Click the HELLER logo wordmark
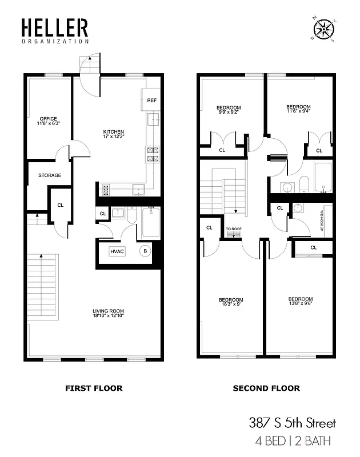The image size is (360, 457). (55, 29)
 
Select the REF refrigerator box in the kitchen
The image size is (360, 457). (151, 100)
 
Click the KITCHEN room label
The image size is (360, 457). (113, 135)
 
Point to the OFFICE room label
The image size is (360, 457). (49, 121)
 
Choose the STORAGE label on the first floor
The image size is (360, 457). (50, 175)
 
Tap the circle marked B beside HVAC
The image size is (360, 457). (145, 250)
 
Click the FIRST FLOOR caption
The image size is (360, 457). (94, 388)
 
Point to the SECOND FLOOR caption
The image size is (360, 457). (266, 388)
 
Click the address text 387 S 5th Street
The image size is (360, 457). (292, 423)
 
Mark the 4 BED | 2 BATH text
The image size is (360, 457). (294, 441)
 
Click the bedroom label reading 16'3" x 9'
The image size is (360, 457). (231, 303)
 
